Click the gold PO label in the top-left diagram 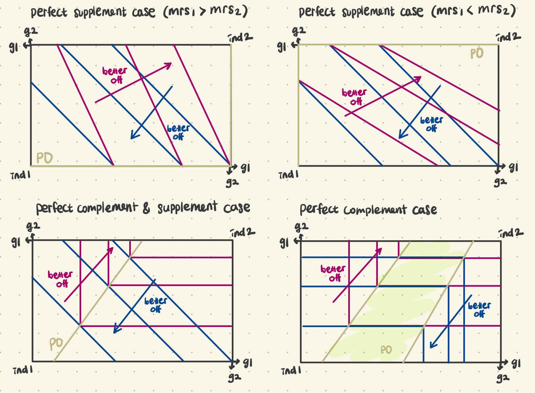coord(44,158)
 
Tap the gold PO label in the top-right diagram coord(477,54)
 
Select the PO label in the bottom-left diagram coord(56,344)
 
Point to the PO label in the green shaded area coord(386,350)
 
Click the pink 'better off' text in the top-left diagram coord(114,75)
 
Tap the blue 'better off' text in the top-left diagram coord(178,132)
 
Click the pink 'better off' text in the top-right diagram coord(354,97)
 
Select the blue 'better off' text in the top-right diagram coord(431,124)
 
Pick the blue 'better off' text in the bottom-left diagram coord(156,305)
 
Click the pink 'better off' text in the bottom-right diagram coord(333,273)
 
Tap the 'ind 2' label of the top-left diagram coord(241,38)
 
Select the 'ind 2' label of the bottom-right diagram coord(511,233)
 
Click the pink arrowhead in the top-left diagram coord(169,65)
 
